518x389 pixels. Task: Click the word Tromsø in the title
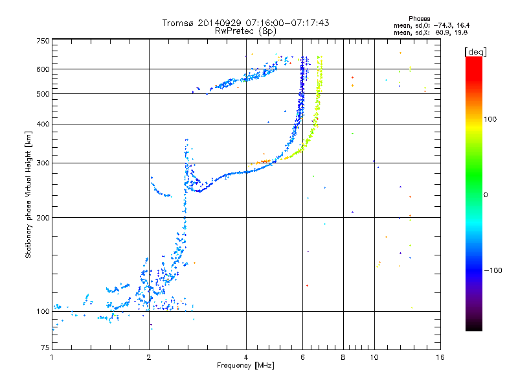[179, 23]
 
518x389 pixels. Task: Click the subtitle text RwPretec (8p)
[245, 31]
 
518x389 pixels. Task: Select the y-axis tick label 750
[43, 41]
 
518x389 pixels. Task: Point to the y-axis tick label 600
[43, 69]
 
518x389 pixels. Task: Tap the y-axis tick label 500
[43, 94]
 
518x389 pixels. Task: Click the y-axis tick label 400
[43, 124]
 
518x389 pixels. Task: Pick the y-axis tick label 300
[43, 163]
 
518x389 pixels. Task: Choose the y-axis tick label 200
[43, 218]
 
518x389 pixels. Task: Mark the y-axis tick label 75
[45, 348]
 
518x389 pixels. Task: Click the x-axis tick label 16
[440, 357]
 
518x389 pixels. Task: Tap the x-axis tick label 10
[374, 357]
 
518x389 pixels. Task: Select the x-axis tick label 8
[343, 357]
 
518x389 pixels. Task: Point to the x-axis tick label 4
[246, 357]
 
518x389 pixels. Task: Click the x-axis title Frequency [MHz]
[245, 366]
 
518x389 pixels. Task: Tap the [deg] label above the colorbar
[475, 52]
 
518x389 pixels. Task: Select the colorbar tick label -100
[493, 270]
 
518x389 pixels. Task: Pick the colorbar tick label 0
[486, 195]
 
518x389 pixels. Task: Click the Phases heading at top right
[419, 19]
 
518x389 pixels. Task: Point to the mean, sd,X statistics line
[431, 33]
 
